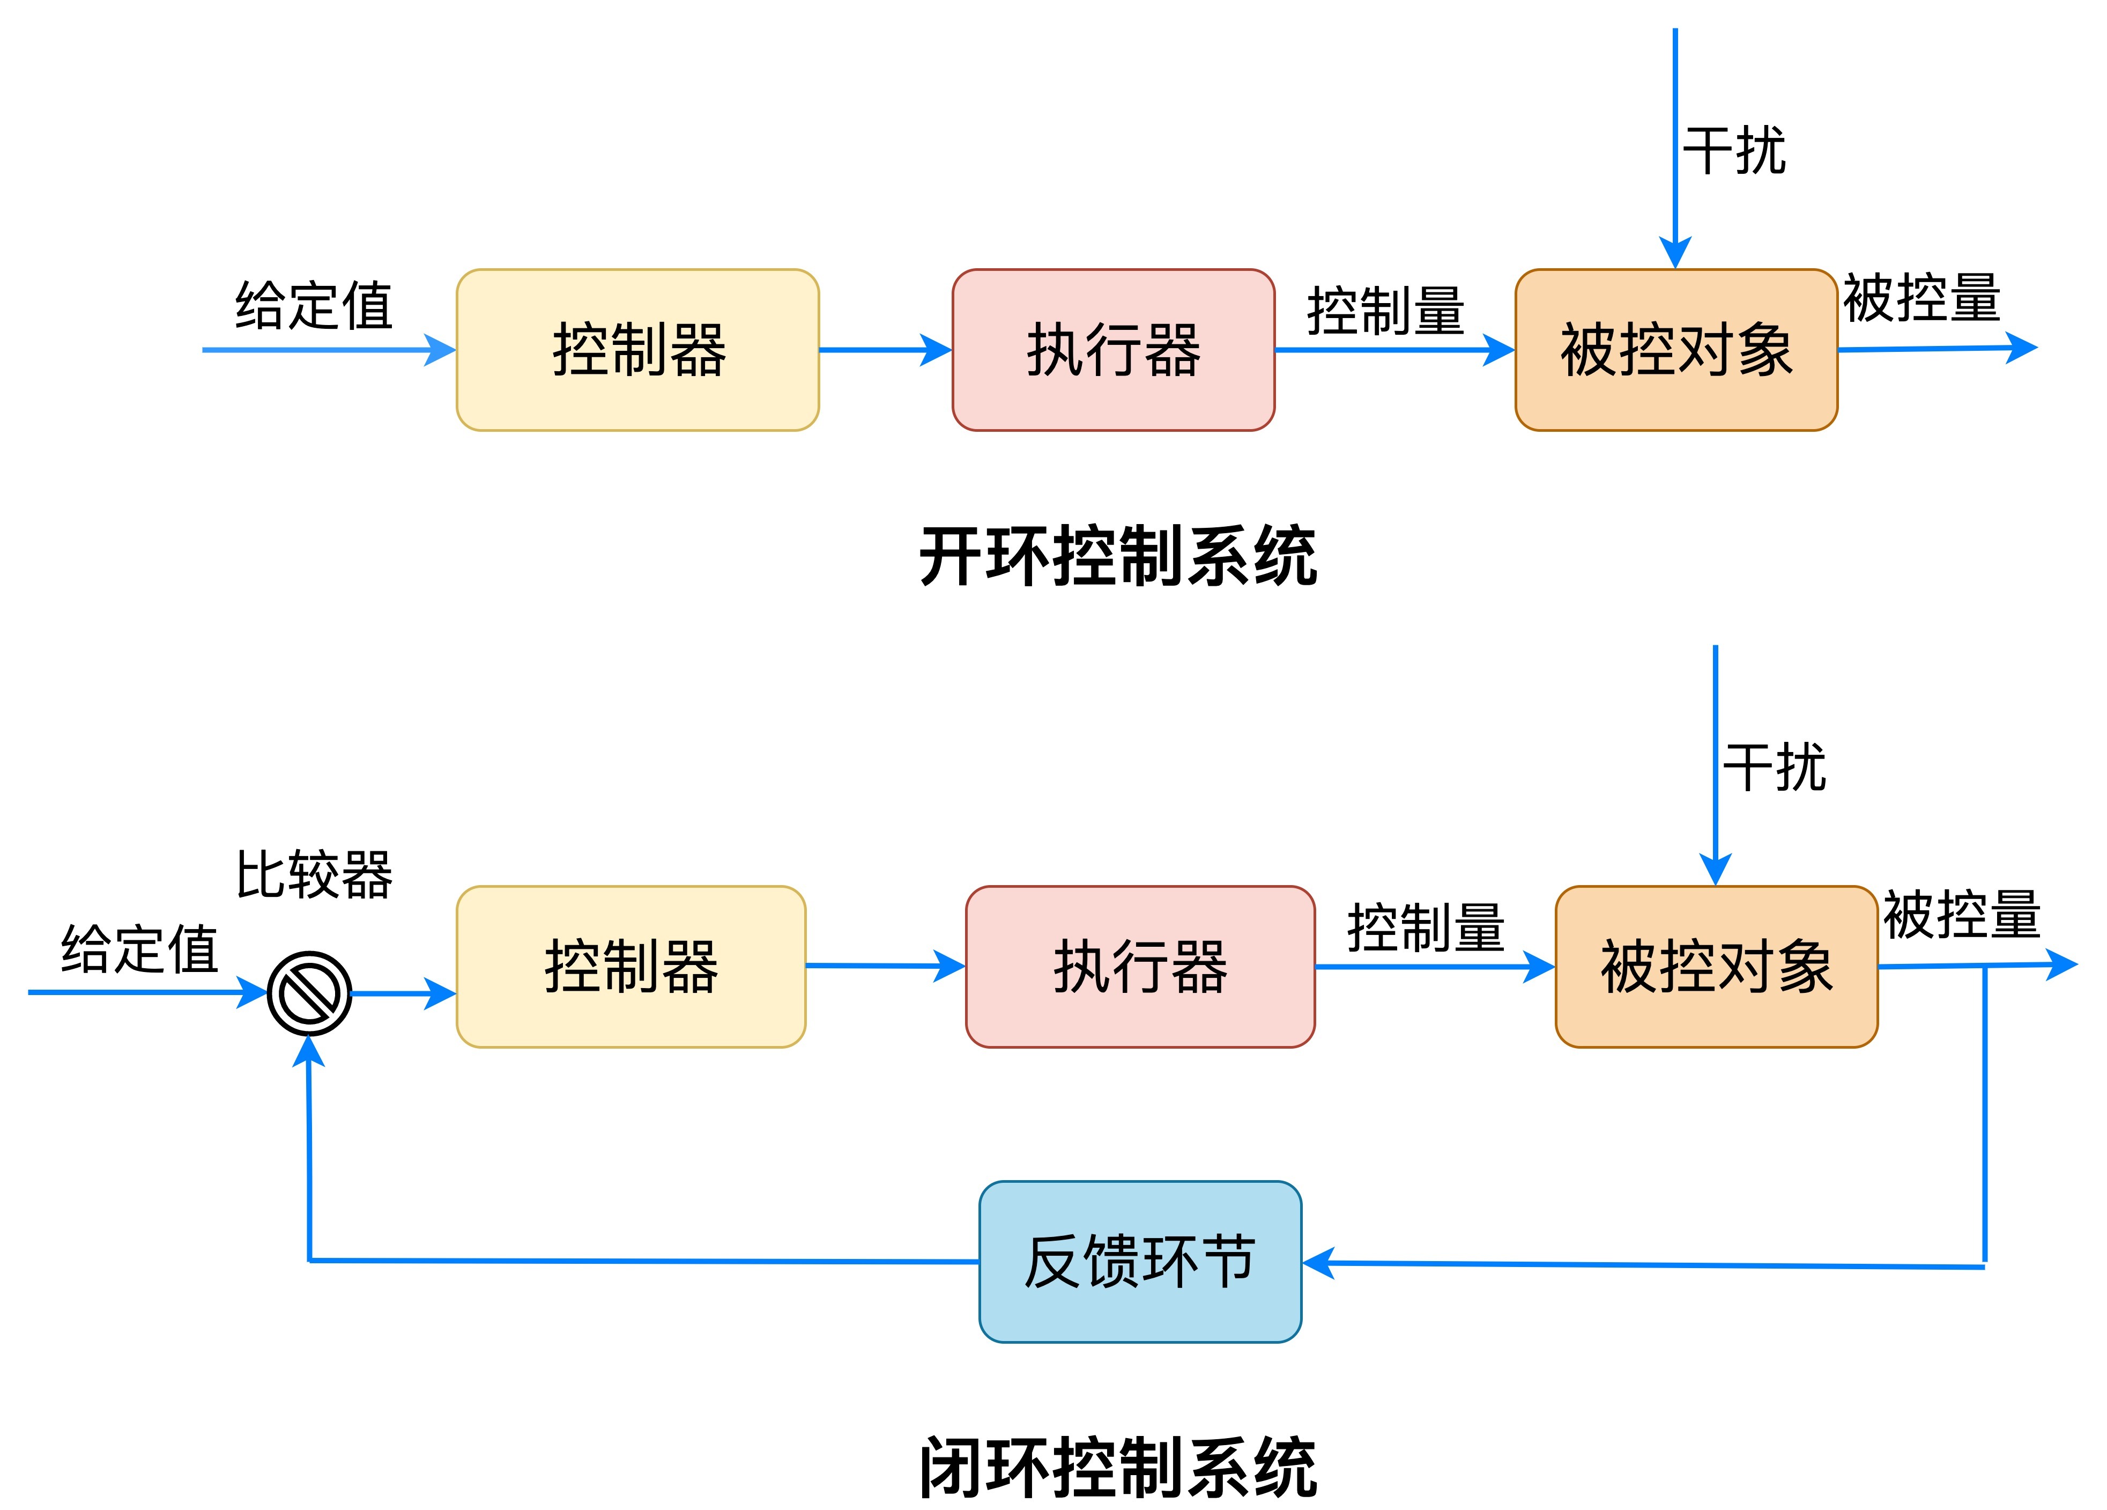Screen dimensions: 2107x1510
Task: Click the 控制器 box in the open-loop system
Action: point(637,350)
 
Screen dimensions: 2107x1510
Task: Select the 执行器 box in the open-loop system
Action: point(1113,350)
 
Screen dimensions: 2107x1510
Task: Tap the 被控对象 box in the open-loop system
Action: point(1676,350)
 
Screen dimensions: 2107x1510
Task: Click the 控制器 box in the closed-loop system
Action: point(631,967)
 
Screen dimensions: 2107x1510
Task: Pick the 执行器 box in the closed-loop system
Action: point(1140,967)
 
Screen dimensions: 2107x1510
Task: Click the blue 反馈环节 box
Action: point(1140,1262)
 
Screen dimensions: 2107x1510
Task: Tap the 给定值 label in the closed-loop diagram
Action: point(139,949)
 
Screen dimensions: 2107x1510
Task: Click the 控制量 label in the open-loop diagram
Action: point(1385,311)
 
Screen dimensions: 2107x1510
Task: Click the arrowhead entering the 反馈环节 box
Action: point(1317,1263)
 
